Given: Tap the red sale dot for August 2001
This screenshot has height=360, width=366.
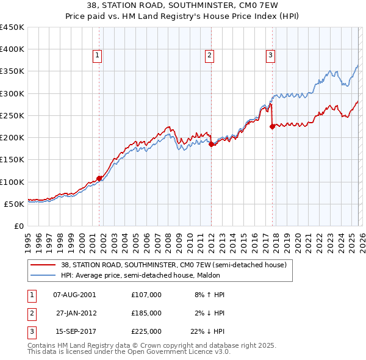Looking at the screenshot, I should [99, 178].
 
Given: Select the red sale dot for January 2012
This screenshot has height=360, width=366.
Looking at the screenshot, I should [211, 145].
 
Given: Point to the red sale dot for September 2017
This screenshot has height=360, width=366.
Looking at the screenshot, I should [272, 127].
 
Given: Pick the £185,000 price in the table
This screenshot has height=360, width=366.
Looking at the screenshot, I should [146, 313].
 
